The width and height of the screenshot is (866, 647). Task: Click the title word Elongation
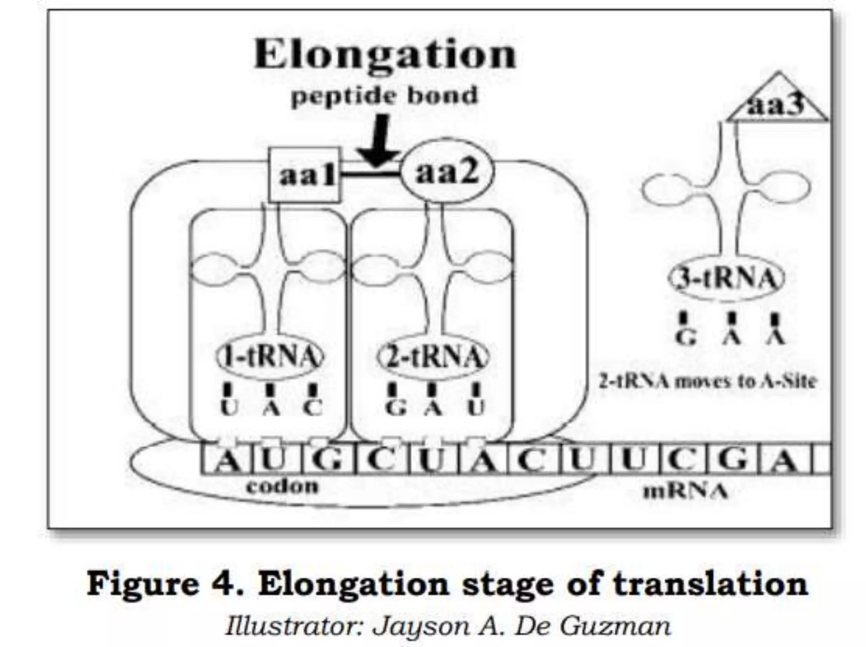click(x=385, y=55)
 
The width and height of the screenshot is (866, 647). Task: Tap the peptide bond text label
click(x=384, y=95)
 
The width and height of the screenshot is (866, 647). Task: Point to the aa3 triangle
click(x=777, y=104)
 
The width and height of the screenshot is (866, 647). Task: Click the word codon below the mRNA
click(x=282, y=486)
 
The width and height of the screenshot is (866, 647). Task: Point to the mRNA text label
click(x=685, y=491)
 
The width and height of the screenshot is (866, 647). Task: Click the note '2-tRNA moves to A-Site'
click(x=707, y=382)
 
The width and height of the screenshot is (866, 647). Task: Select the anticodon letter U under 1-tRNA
click(x=229, y=408)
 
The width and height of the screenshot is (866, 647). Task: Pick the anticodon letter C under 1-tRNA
click(x=313, y=408)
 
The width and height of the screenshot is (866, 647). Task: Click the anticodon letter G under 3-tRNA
click(x=685, y=337)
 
